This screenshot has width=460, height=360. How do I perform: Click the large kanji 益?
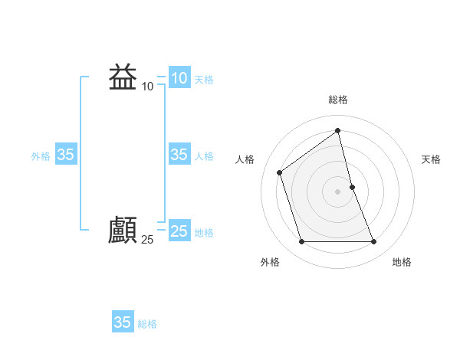click(x=123, y=77)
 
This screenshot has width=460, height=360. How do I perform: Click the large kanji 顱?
click(x=123, y=231)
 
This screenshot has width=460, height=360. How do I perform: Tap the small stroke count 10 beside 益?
click(x=147, y=87)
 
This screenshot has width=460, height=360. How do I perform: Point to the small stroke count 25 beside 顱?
click(x=147, y=240)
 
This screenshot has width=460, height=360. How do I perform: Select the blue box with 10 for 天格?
click(x=179, y=78)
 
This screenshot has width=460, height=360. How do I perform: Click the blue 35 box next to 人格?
click(x=179, y=155)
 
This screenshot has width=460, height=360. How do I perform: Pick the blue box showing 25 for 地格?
click(x=179, y=231)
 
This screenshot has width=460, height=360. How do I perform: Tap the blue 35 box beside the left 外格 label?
click(x=65, y=155)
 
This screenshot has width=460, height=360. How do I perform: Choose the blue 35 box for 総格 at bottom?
click(x=122, y=322)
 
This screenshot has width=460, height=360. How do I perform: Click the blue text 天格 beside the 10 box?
click(x=204, y=80)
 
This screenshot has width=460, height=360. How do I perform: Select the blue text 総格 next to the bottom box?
click(x=147, y=324)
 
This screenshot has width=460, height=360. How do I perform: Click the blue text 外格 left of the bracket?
click(x=41, y=156)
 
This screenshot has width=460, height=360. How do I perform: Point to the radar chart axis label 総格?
click(x=338, y=100)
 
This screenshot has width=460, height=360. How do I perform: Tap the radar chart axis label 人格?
click(x=245, y=159)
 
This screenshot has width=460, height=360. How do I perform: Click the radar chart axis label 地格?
click(x=402, y=263)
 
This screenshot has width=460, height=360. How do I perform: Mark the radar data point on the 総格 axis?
click(x=338, y=130)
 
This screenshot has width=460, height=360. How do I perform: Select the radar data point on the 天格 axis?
click(x=352, y=187)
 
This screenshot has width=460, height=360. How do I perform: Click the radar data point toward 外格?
click(x=301, y=242)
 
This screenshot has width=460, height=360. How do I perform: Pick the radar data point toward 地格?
click(x=374, y=242)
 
